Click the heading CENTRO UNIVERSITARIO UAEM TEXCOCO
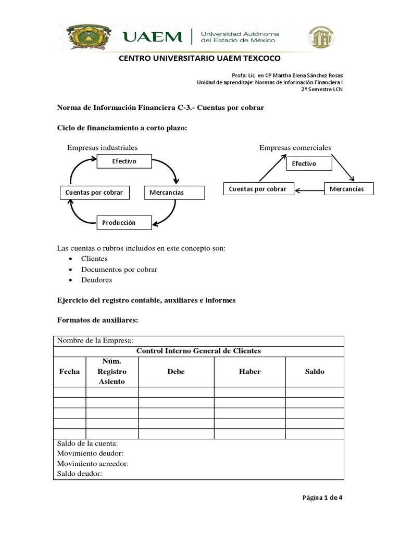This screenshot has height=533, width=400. click(x=200, y=58)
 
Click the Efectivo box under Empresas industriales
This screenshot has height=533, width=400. click(x=124, y=161)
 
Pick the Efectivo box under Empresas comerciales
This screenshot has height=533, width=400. click(x=309, y=164)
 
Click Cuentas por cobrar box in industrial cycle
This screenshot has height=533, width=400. click(x=94, y=193)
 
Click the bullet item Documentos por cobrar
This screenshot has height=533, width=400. click(x=119, y=270)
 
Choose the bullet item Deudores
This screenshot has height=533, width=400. click(x=96, y=280)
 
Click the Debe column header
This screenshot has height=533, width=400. click(x=176, y=372)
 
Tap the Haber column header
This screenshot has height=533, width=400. click(x=249, y=372)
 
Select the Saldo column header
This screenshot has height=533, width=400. click(x=315, y=372)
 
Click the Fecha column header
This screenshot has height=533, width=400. click(x=70, y=372)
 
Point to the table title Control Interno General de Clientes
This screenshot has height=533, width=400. click(x=198, y=351)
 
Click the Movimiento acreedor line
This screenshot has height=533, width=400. click(x=93, y=464)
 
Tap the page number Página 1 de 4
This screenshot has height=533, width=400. click(x=322, y=497)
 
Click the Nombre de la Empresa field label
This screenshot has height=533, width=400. click(x=95, y=340)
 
